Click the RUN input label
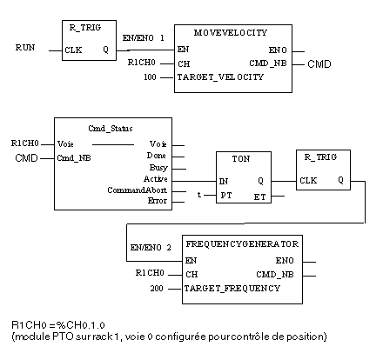click(25, 48)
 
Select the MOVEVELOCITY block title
click(231, 33)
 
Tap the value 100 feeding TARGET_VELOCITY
click(150, 77)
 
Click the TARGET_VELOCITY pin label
click(220, 77)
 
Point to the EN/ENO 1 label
click(144, 38)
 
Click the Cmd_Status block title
click(111, 129)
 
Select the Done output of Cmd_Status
click(157, 156)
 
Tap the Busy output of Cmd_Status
click(158, 168)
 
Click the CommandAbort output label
click(137, 190)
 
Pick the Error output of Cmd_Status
click(158, 201)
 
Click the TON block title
click(241, 159)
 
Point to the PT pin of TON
click(226, 196)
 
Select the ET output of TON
click(259, 197)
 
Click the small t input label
click(199, 195)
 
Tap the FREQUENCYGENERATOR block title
click(242, 244)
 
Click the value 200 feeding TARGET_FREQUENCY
click(157, 289)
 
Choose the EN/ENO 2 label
click(151, 248)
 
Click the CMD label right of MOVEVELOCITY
click(319, 64)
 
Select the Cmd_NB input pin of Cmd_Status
click(74, 158)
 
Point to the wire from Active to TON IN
click(194, 182)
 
